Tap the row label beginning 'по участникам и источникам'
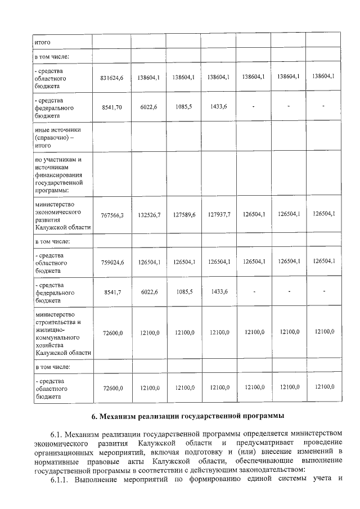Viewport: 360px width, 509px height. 59,175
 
